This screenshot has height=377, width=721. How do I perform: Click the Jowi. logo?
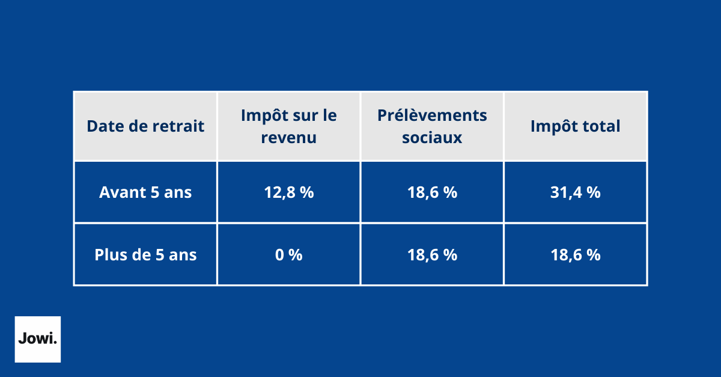(x=37, y=339)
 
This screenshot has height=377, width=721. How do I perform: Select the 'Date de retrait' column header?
(x=145, y=126)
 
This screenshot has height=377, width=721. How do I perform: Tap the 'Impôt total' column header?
(x=575, y=126)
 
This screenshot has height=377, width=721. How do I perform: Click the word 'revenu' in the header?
(x=288, y=138)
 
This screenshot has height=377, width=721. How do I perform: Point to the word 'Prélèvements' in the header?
(x=432, y=115)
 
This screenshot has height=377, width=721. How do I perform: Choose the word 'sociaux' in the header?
(x=432, y=138)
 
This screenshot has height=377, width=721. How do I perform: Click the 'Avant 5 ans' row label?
(x=145, y=192)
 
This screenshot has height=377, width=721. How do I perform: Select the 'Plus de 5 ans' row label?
(x=145, y=254)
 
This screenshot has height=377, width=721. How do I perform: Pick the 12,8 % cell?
(x=288, y=192)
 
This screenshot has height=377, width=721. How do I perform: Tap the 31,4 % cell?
(x=575, y=192)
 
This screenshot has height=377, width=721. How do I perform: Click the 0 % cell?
(x=288, y=254)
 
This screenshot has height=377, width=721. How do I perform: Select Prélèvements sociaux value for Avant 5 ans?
(x=432, y=192)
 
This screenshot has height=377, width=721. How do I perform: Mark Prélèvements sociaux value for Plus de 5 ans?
(x=432, y=254)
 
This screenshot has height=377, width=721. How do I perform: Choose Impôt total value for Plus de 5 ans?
(x=575, y=254)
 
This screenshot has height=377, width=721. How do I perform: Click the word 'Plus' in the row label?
(x=111, y=254)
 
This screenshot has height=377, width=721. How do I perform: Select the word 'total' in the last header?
(x=601, y=126)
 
